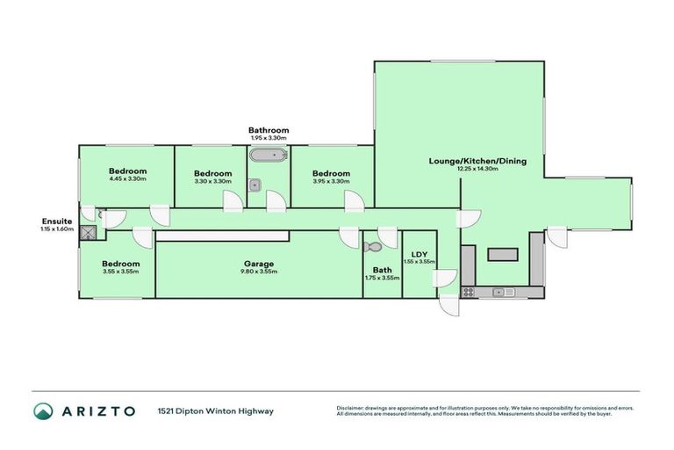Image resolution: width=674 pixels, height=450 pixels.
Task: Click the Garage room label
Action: (259, 264)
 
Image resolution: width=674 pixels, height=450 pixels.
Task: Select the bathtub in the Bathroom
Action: (266, 156)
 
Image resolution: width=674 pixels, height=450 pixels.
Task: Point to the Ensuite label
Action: (57, 221)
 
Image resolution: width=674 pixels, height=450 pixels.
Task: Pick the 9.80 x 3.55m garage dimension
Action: (259, 272)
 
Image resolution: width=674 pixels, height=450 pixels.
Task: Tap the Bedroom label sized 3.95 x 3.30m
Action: (332, 173)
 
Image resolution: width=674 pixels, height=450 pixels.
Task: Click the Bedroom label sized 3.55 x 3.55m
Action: (120, 264)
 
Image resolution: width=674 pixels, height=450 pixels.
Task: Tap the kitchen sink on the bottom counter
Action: (504, 291)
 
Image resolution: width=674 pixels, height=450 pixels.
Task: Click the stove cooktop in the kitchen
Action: (469, 291)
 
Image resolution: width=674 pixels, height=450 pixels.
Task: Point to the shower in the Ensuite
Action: (88, 233)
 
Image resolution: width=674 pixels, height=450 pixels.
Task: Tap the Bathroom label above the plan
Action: (268, 130)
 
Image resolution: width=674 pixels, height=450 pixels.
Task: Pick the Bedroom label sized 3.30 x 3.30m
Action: (212, 173)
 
